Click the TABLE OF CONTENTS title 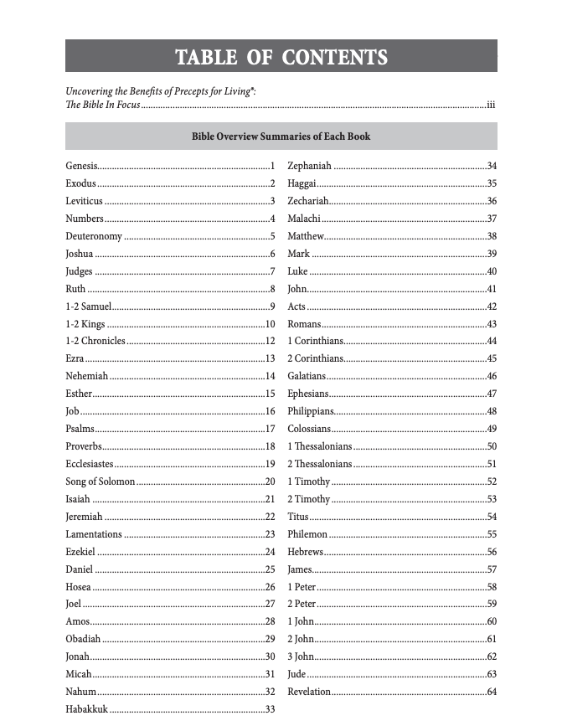281,57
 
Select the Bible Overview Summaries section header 281,136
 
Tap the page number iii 492,106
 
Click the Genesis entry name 82,166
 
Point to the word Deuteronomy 94,236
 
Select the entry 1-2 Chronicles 95,341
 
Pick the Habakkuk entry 86,710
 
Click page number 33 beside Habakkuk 270,710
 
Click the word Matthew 306,236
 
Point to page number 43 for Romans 492,324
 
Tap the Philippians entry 311,411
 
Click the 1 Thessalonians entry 320,446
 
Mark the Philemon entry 307,534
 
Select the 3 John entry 301,656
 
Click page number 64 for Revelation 492,692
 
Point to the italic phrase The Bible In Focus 102,106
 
